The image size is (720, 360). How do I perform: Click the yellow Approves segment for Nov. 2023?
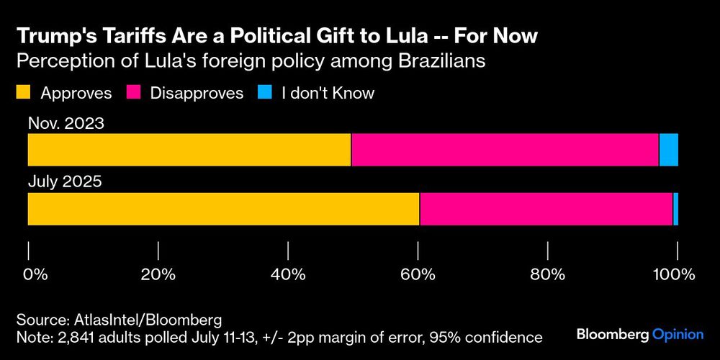(x=189, y=150)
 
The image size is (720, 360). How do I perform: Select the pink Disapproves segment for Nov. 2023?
(x=504, y=150)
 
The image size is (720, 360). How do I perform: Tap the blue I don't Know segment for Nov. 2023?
(x=668, y=150)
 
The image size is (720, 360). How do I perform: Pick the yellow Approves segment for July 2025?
(x=223, y=209)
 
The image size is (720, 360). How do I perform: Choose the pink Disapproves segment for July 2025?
(x=546, y=209)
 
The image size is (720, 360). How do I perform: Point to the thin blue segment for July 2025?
(x=675, y=209)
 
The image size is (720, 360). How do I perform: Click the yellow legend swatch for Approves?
(x=23, y=93)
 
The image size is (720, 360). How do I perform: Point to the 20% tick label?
(x=158, y=274)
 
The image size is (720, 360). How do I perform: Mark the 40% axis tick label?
(x=288, y=274)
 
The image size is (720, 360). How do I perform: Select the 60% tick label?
(x=418, y=274)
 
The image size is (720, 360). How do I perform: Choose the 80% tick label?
(x=549, y=274)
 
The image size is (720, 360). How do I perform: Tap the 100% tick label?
(x=673, y=274)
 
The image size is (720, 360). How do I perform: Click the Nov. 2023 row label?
(x=66, y=123)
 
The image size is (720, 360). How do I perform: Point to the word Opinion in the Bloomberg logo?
(x=678, y=334)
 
